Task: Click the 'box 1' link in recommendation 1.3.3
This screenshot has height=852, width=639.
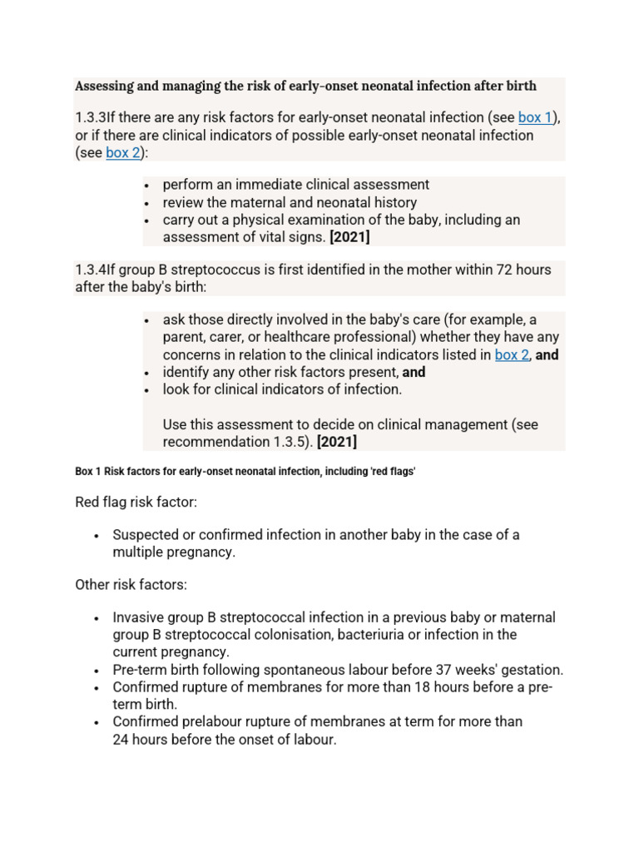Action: pos(535,117)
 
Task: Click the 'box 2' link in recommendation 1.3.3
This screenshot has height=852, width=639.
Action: pos(123,152)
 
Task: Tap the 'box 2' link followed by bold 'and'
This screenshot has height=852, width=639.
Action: pos(512,354)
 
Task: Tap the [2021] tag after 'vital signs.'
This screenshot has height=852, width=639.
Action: pos(350,237)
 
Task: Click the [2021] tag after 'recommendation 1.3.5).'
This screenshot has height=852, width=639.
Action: pos(337,442)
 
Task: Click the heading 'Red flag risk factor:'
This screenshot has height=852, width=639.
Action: pos(136,502)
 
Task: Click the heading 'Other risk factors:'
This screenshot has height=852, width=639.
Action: pos(131,584)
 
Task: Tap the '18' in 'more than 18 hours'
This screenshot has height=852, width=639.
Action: pos(439,687)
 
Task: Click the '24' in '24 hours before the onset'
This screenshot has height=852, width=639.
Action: pos(121,739)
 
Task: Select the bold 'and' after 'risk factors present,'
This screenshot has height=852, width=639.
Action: pos(414,372)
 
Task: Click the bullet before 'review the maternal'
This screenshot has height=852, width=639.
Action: pos(146,203)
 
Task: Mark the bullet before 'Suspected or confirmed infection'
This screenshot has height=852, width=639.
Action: pos(97,536)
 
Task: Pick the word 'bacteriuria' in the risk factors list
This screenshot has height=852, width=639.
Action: pos(349,635)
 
